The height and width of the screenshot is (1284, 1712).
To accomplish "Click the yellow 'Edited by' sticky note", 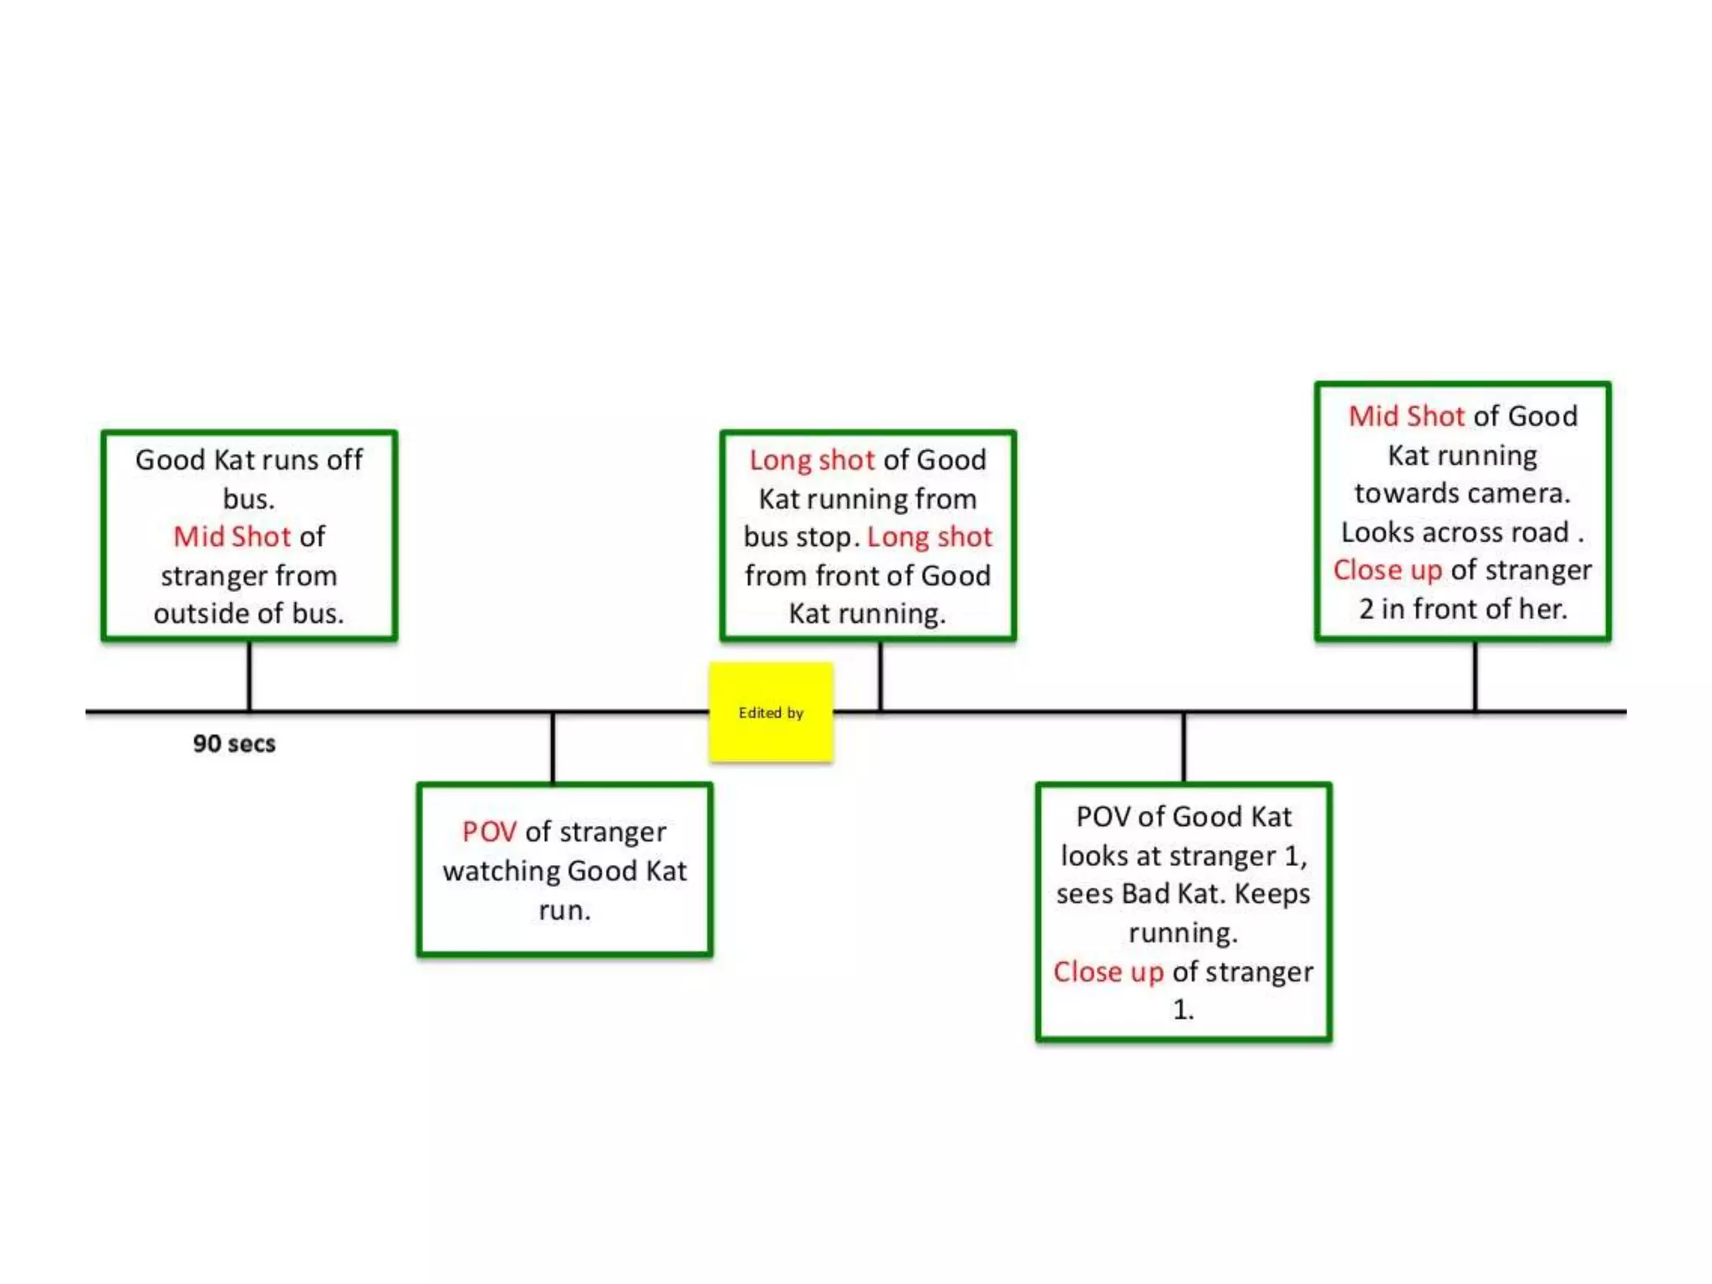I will tap(771, 712).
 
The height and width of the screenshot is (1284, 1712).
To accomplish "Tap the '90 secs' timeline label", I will tap(234, 743).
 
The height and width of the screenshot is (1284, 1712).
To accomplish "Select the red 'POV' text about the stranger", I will tap(489, 832).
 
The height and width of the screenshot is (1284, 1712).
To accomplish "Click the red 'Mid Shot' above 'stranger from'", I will tap(232, 537).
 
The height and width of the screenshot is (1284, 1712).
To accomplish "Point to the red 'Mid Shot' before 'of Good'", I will tap(1406, 415).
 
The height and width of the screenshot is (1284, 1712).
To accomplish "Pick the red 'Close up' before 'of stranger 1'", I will tap(1108, 971).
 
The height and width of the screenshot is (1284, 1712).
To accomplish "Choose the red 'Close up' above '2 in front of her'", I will tap(1387, 570).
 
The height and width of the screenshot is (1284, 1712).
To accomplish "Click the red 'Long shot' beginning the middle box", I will tap(812, 460).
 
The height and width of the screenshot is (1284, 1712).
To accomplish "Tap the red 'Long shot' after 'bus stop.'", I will tap(930, 537).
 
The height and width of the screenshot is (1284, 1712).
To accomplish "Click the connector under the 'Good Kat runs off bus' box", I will tap(249, 675).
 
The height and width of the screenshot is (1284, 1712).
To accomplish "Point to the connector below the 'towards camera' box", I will tap(1475, 675).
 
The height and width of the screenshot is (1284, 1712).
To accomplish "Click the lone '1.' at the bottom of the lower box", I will tap(1183, 1010).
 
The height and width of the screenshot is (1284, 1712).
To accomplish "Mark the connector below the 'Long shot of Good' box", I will tap(880, 675).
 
